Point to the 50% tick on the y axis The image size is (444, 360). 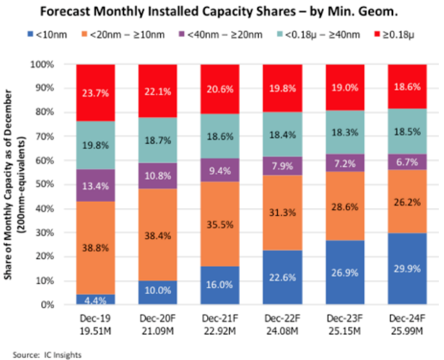[55, 184]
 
